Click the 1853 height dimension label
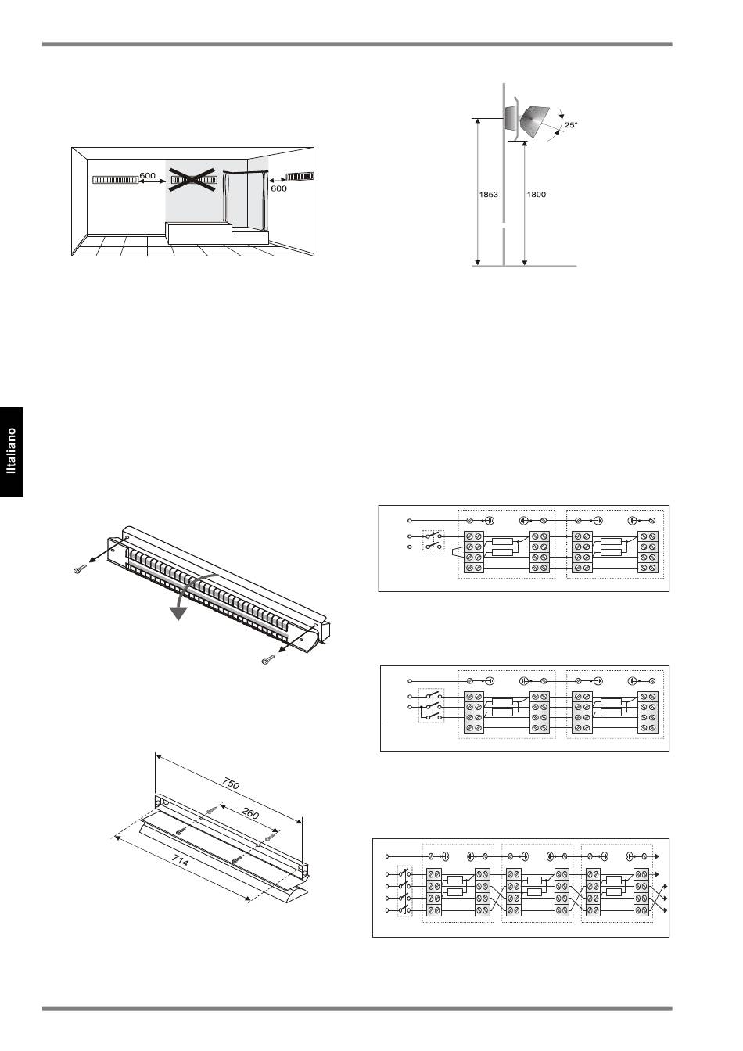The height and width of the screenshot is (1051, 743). coord(488,194)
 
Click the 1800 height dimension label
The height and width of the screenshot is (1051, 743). coord(536,194)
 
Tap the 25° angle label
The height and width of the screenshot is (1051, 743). coord(571,125)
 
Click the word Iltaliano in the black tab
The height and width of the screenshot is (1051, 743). coord(11,450)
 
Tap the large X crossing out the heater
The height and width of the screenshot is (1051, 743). coord(193,180)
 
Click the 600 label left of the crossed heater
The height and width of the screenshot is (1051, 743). coord(147,175)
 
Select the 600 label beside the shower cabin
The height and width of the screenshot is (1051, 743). coord(278,188)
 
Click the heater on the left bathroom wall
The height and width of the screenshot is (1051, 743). coord(115,180)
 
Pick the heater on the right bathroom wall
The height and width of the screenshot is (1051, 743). coord(300,177)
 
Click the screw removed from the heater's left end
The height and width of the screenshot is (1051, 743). coord(81,569)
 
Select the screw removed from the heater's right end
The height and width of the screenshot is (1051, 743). coord(268,661)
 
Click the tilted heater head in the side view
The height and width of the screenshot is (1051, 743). coord(534,122)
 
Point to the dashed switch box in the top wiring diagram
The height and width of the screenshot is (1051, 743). coord(433,541)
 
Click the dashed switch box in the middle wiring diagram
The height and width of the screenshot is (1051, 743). coord(431,705)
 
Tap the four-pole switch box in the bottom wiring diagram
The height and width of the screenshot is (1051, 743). coord(404,891)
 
